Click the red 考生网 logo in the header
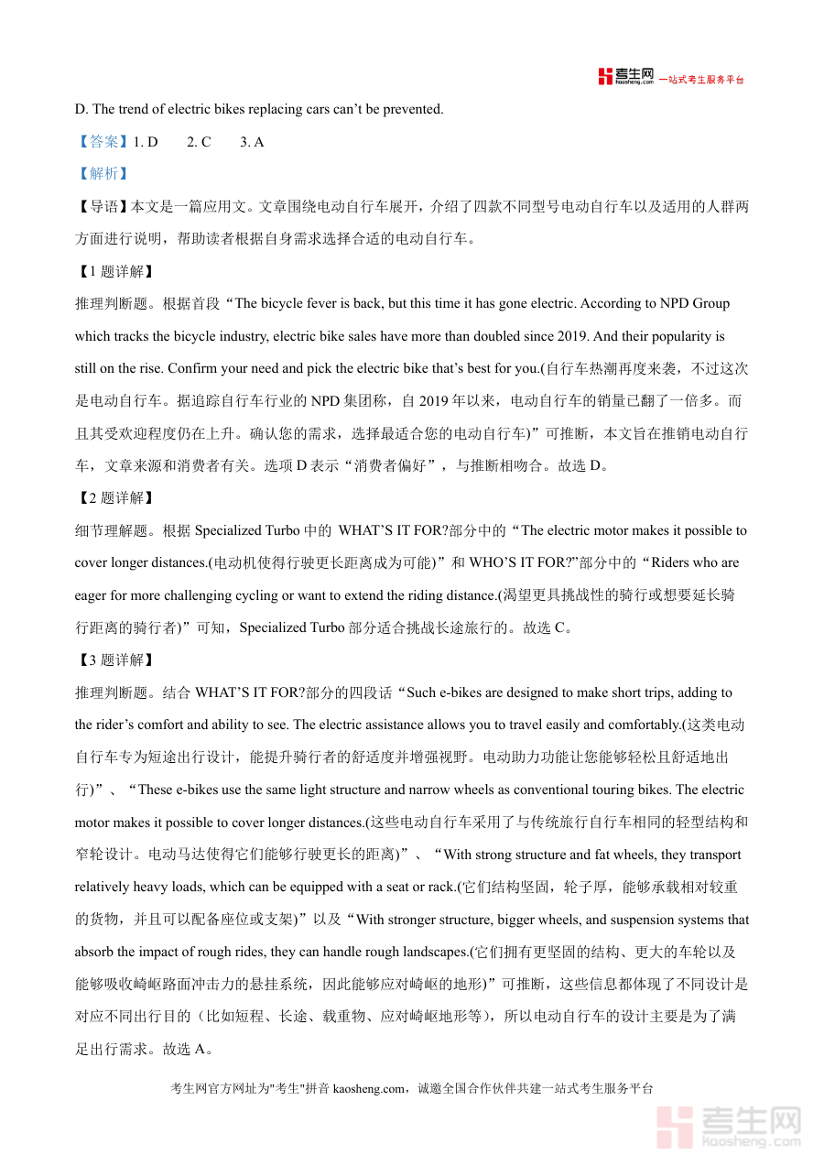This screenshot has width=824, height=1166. [626, 77]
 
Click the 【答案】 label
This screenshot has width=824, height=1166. [103, 142]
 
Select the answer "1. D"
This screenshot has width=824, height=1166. [146, 142]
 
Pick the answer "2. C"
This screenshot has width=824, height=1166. [199, 142]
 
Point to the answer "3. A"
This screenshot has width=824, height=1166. [252, 142]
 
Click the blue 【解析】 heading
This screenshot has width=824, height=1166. [103, 174]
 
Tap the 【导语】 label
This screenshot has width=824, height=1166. [103, 207]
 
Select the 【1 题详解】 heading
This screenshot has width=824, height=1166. [115, 271]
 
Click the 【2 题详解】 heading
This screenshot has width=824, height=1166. [115, 498]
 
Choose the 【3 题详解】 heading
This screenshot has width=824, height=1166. [115, 660]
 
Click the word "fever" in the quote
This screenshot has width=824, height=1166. [325, 304]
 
